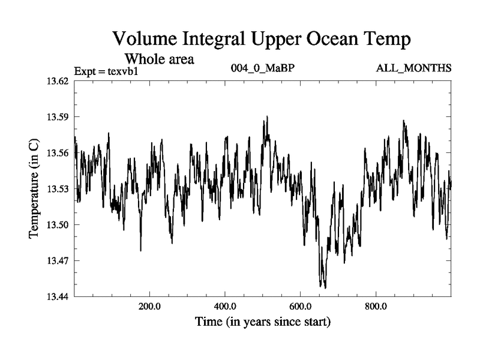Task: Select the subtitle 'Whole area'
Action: coord(159,59)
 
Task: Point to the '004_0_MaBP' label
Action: coord(263,68)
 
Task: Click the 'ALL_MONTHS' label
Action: coord(413,68)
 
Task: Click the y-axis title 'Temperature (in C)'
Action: coord(34,188)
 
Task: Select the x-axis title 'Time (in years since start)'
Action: coord(263,322)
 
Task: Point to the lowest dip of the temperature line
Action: coord(325,287)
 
